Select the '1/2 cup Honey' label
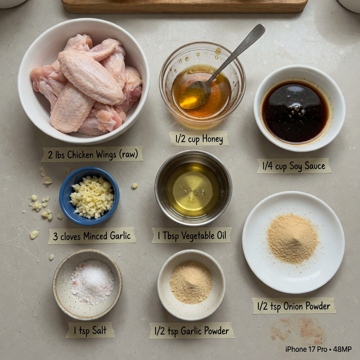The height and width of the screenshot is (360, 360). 199,139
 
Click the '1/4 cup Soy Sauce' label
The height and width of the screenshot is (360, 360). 294,166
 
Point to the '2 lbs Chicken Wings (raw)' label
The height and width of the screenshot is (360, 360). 92,154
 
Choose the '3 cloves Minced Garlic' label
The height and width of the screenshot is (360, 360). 92,235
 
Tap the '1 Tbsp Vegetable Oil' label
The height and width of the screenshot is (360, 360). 192,235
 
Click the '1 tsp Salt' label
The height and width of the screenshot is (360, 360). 90,330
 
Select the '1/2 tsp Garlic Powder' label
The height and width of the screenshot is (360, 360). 192,331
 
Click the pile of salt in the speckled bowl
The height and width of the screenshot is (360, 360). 92,281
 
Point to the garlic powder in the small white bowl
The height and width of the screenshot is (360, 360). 191,281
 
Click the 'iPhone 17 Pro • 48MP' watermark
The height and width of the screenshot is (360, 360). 318,349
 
